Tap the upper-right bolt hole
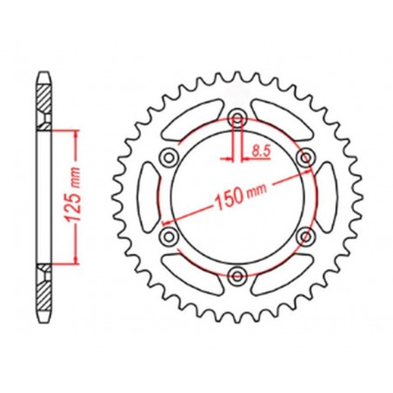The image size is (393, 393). click(304, 158)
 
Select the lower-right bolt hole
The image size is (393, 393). click(304, 236)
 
